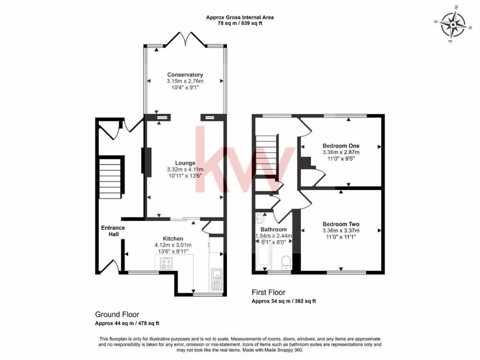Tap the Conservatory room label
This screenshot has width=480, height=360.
(185, 75)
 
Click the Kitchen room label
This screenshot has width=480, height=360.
(173, 239)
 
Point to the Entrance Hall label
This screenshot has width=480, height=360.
(113, 231)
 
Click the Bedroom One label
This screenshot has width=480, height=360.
(341, 146)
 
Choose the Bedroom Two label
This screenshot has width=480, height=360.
(341, 224)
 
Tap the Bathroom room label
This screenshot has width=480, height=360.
(274, 230)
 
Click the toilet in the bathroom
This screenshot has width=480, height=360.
(285, 262)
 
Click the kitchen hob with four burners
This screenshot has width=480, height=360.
(166, 264)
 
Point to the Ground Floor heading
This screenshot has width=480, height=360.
(117, 315)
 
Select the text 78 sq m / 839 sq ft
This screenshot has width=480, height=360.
(240, 23)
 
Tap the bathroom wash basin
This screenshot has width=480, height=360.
(260, 219)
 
